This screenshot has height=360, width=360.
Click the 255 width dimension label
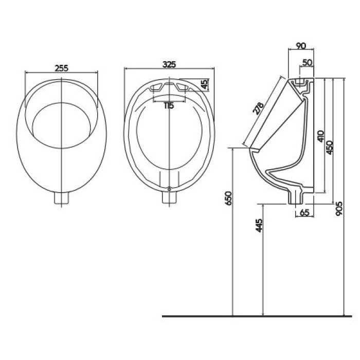pos(62,68)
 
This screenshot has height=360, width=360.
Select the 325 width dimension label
pos(169,64)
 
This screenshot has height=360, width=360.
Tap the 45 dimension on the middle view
pos(205,84)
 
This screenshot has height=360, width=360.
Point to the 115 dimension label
pos(169,105)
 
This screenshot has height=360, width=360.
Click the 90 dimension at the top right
pos(301,46)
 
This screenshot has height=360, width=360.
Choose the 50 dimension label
pos(308,62)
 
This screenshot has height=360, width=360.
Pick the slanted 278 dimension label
pos(258,109)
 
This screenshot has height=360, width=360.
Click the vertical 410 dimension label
pos(321,136)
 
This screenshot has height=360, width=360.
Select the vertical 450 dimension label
pos(330,148)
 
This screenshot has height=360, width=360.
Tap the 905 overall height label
pos(339,208)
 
